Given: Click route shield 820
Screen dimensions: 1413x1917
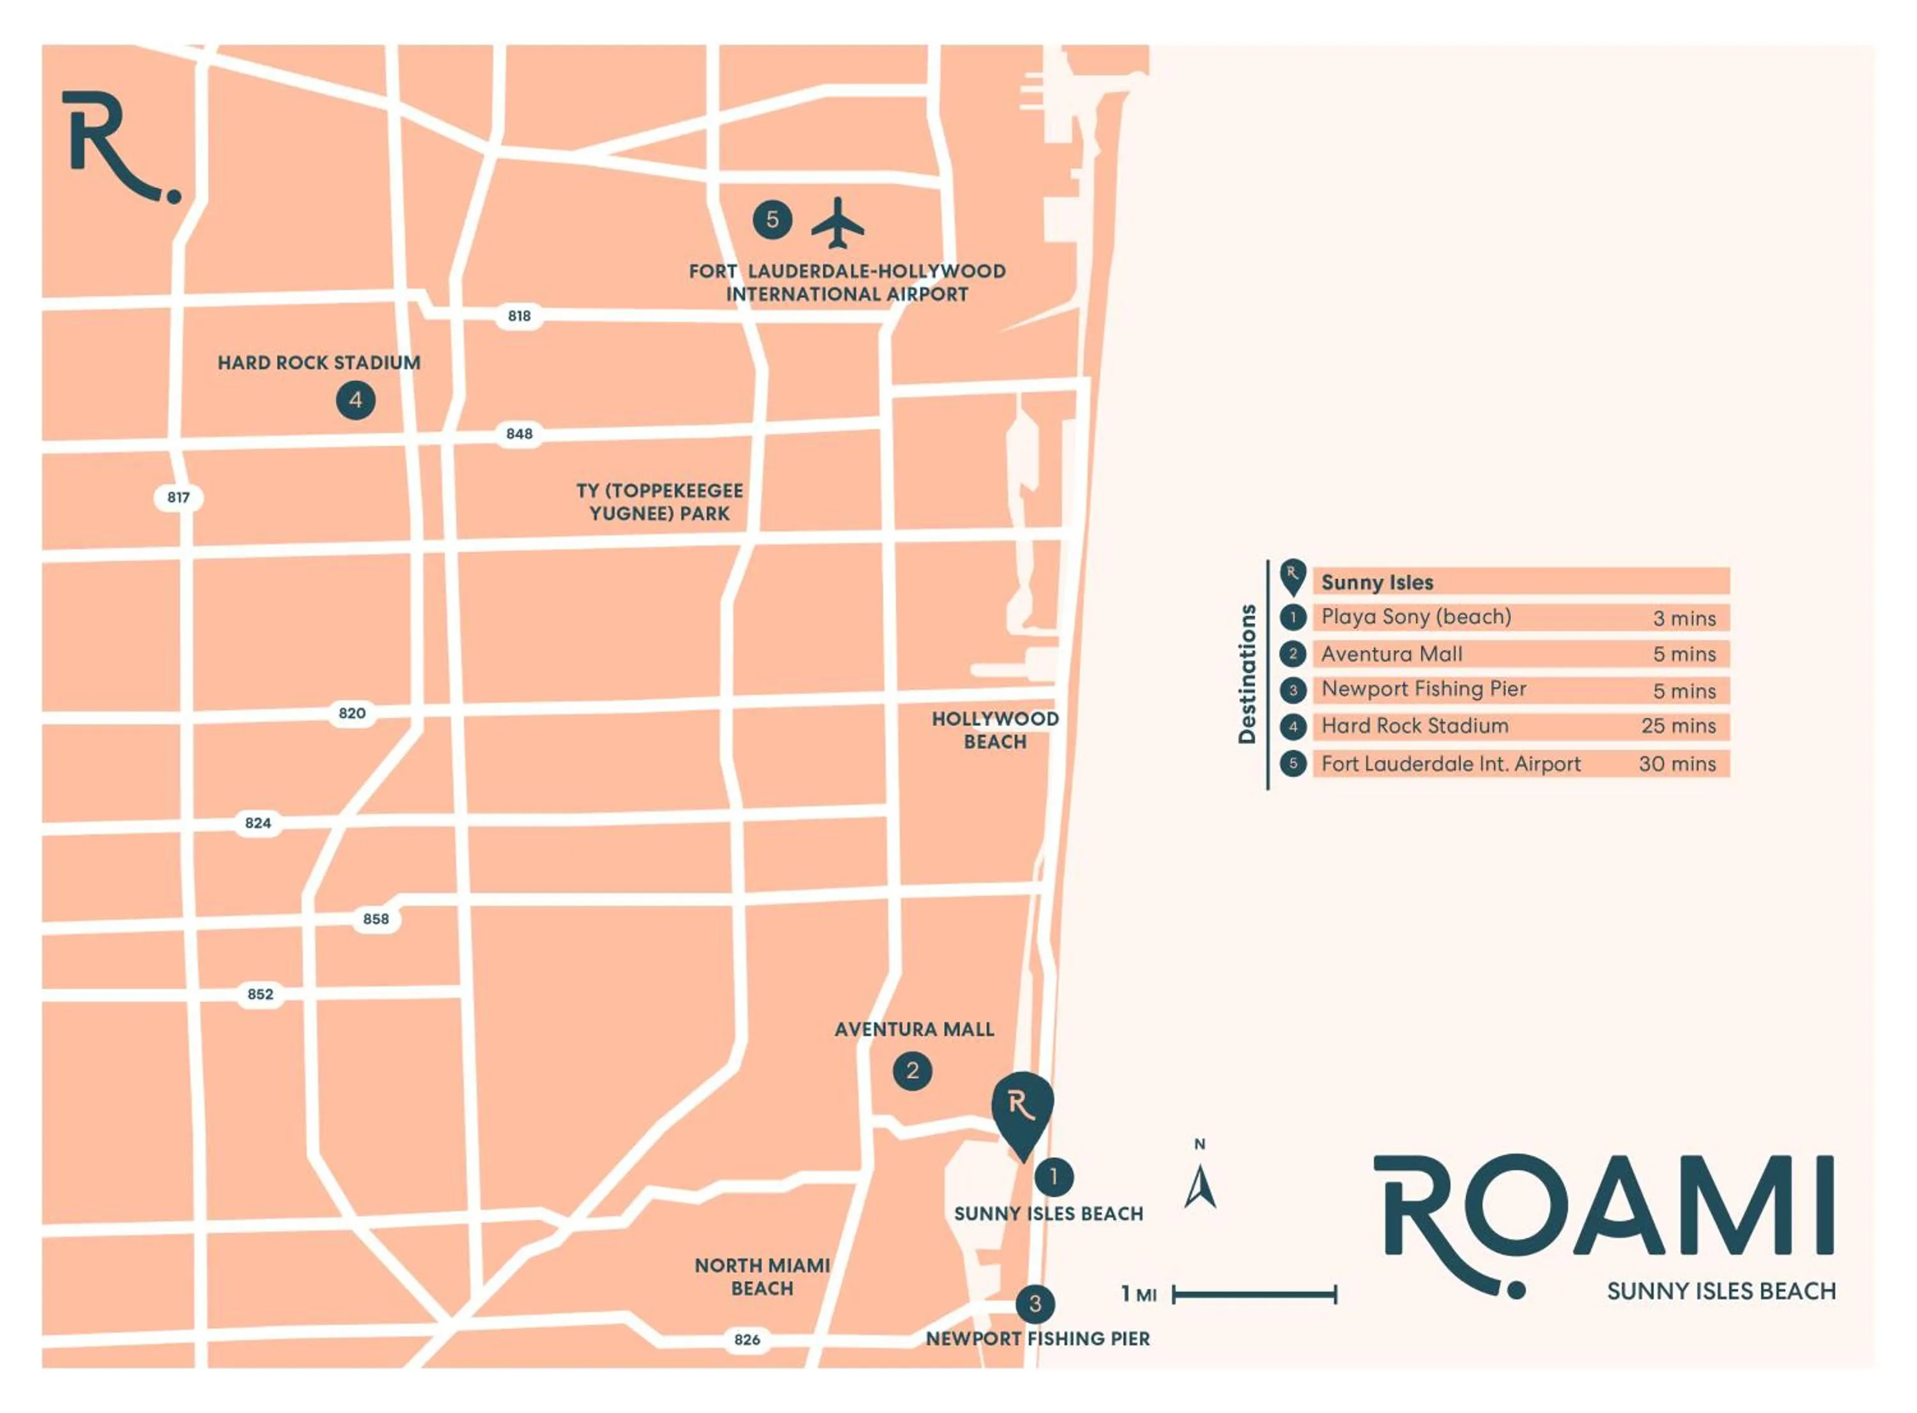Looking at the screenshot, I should (351, 714).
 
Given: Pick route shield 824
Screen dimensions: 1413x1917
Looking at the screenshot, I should (258, 823).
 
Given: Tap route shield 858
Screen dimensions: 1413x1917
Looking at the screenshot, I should (376, 919).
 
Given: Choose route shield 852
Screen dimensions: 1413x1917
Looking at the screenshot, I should (260, 995).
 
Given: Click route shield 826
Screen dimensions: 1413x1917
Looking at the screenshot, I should (747, 1340).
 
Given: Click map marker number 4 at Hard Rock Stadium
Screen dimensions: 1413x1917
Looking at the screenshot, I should (355, 401).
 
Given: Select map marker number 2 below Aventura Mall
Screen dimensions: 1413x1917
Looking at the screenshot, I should (912, 1071).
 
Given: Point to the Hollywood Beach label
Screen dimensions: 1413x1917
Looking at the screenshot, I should (995, 730).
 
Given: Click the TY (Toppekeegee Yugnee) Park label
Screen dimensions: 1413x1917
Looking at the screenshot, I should (659, 503).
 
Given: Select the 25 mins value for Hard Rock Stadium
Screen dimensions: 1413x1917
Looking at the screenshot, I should (1677, 726).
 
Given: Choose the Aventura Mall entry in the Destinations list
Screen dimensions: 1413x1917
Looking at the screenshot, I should (1392, 654).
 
